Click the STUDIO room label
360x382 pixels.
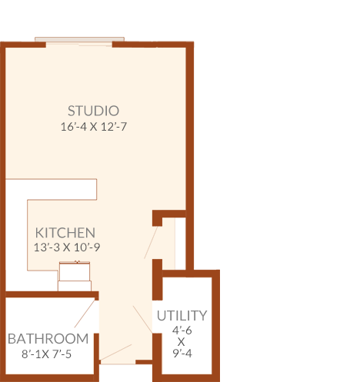[93, 111]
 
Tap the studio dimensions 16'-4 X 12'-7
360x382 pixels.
[94, 127]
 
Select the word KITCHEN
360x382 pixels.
[65, 233]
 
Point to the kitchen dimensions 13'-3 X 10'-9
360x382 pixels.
[67, 247]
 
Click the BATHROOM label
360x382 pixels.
[48, 339]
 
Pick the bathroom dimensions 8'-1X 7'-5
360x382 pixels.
[46, 354]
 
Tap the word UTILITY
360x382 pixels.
[182, 316]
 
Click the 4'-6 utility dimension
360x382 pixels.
[182, 331]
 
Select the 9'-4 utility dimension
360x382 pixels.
[182, 354]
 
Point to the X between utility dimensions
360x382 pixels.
[182, 342]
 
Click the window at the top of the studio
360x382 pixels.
[79, 39]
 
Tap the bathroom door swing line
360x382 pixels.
[85, 314]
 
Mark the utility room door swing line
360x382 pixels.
[142, 320]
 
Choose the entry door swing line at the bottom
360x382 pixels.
[115, 352]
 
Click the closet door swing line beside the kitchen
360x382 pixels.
[151, 242]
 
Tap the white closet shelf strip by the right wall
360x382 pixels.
[180, 244]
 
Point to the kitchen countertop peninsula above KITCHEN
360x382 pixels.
[52, 189]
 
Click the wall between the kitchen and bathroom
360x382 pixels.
[52, 294]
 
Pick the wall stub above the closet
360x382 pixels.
[169, 214]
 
